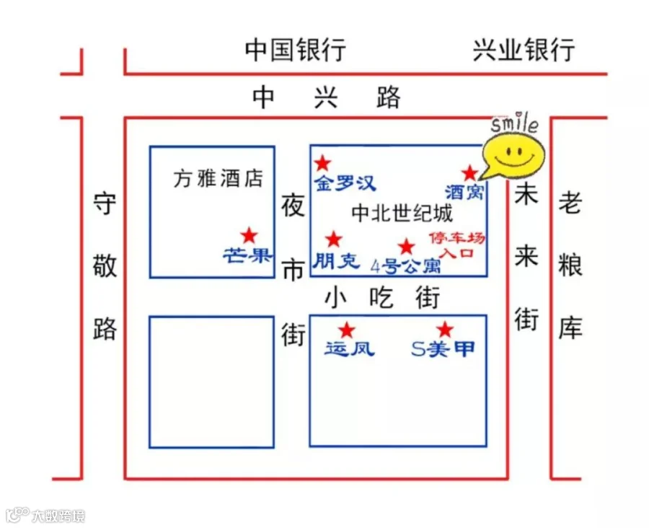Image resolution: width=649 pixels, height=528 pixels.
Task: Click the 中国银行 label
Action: click(295, 50)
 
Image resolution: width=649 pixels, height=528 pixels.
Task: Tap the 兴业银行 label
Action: click(524, 50)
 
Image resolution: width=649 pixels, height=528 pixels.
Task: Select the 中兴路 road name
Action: click(326, 97)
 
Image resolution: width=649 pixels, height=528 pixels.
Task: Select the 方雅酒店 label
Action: click(218, 178)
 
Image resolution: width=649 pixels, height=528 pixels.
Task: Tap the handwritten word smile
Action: click(514, 125)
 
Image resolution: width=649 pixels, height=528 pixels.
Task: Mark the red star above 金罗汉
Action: click(323, 164)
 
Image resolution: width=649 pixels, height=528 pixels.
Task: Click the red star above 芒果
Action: click(249, 235)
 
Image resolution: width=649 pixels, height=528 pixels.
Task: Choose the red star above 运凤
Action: click(347, 330)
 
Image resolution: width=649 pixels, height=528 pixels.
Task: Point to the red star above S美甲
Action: click(445, 330)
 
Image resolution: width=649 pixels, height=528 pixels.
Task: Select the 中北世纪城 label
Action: click(402, 214)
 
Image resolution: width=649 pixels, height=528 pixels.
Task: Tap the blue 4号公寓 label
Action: click(405, 266)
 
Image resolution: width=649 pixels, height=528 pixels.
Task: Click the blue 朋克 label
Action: click(335, 260)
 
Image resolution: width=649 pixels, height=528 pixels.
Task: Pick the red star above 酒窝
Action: click(469, 173)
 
